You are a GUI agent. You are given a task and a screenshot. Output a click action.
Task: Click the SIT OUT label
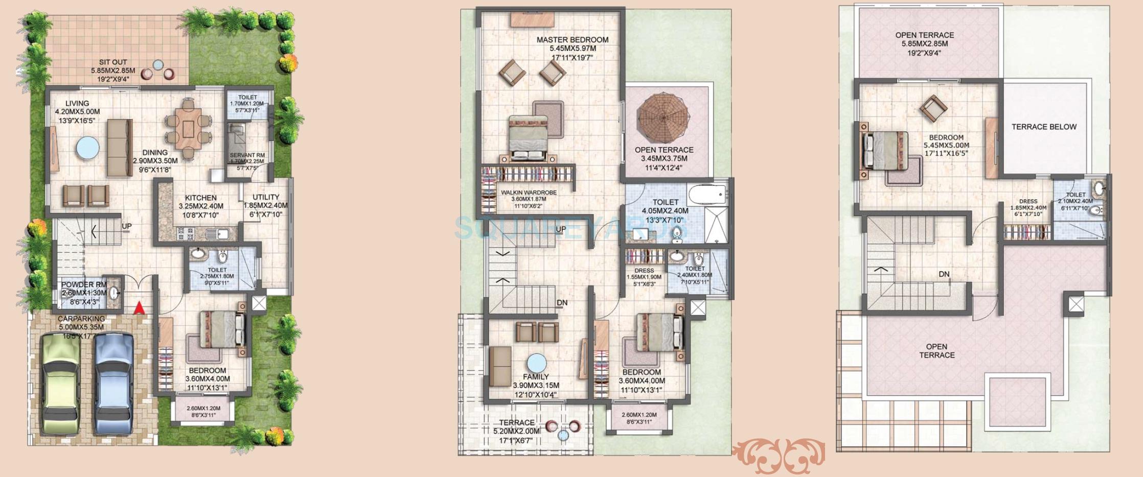point(113,62)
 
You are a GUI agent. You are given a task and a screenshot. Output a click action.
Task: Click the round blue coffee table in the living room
point(88,149)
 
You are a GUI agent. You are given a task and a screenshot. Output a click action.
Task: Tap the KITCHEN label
point(200,198)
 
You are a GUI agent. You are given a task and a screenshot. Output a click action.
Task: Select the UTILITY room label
point(266,197)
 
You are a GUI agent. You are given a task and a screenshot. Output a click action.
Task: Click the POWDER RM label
point(84,285)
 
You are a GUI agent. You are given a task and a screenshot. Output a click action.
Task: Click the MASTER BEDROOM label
point(573,40)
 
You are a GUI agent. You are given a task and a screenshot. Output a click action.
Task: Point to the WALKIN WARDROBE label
point(529,193)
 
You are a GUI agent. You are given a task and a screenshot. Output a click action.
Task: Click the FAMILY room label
point(536,377)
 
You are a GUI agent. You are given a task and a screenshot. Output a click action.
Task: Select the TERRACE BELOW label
point(1044,127)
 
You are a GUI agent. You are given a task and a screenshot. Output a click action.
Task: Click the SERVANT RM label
point(247,155)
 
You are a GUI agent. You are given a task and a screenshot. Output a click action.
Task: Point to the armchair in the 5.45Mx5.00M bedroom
point(933,109)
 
